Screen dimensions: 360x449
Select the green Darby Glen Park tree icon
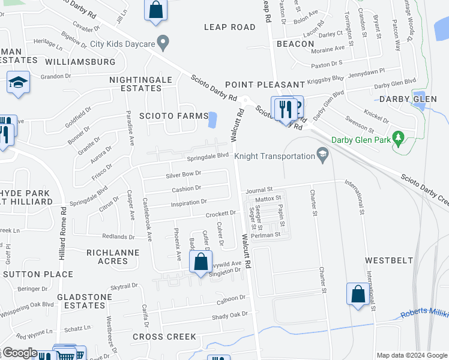point(397,139)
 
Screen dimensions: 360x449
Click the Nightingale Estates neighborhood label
point(140,83)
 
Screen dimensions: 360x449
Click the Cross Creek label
point(164,337)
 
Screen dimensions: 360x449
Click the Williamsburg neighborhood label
point(80,62)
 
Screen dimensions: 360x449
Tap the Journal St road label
point(259,190)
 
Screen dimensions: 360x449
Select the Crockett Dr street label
point(220,214)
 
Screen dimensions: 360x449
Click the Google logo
point(20,353)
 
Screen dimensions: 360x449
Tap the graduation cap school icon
point(18,83)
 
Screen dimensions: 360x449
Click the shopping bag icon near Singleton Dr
point(200,262)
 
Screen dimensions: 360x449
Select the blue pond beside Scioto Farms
point(212,120)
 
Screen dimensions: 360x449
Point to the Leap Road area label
point(229,27)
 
